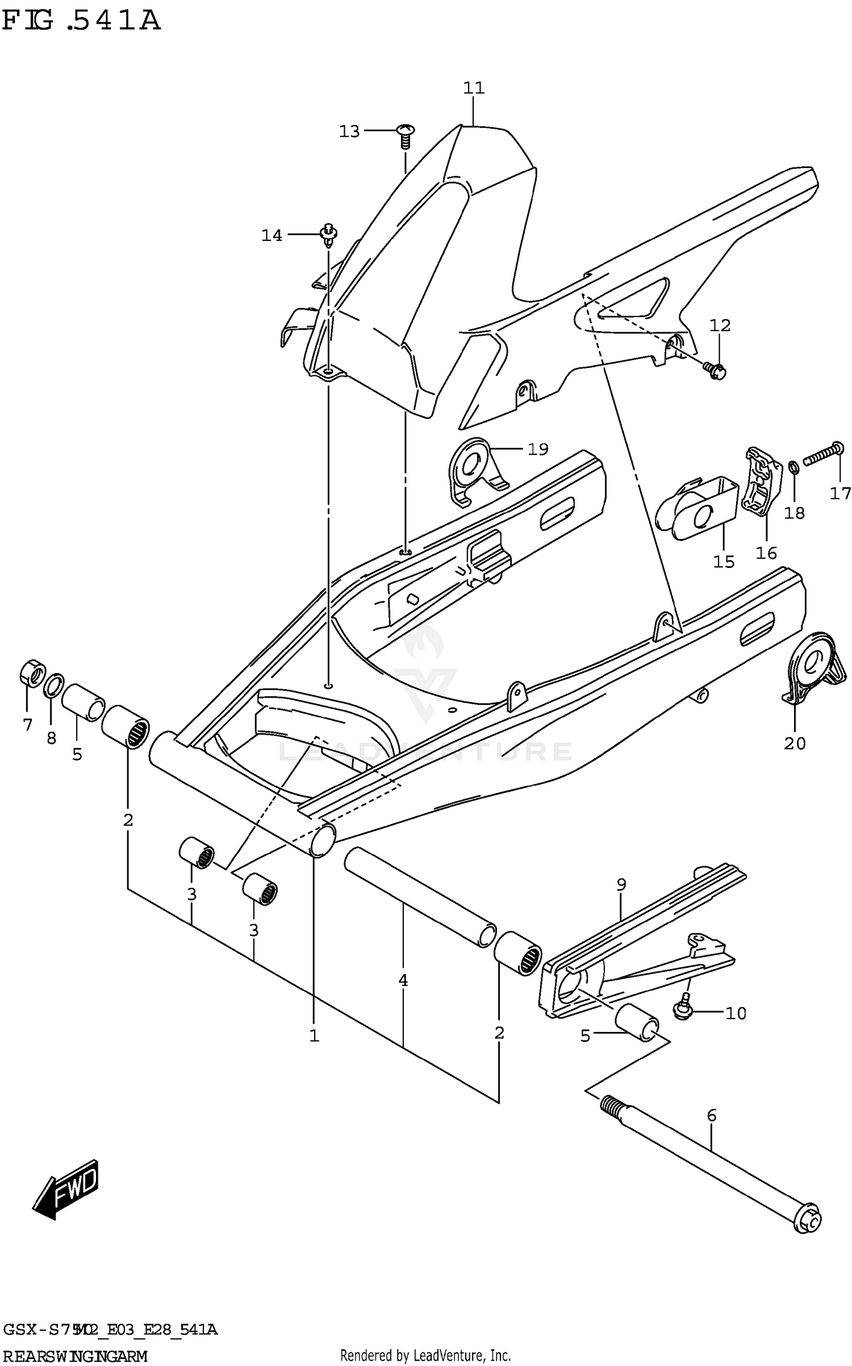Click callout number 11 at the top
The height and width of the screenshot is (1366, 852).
pyautogui.click(x=473, y=88)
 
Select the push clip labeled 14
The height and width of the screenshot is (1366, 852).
pyautogui.click(x=328, y=235)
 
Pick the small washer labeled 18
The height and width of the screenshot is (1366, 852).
pyautogui.click(x=794, y=467)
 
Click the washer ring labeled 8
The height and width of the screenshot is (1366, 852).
pyautogui.click(x=53, y=685)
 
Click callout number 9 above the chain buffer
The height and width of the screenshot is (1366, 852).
pyautogui.click(x=621, y=884)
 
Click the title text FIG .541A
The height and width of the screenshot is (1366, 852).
pyautogui.click(x=81, y=21)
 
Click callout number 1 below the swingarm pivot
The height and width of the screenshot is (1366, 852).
pyautogui.click(x=314, y=1035)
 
